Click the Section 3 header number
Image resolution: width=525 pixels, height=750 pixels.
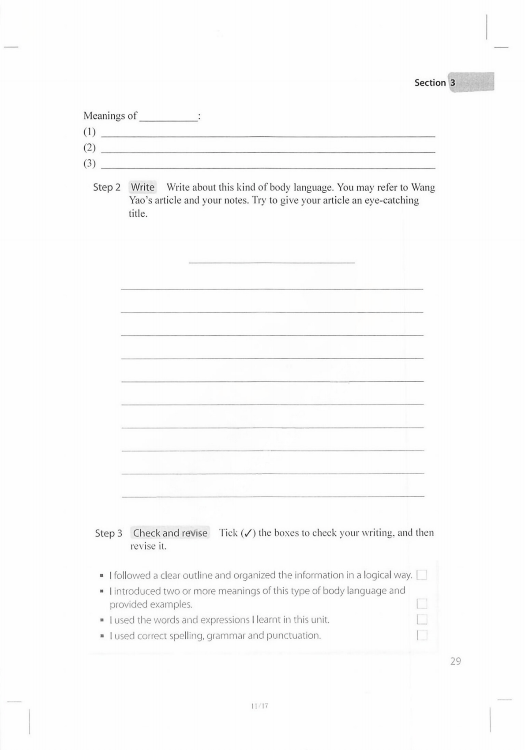point(452,82)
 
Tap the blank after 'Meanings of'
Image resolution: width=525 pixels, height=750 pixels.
point(168,117)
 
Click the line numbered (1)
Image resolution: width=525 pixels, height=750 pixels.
point(268,134)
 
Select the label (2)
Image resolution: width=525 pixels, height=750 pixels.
point(90,147)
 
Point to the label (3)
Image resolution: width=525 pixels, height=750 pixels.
point(90,163)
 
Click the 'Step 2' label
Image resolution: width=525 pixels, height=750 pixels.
point(106,187)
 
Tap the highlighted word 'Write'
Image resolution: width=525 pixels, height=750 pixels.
point(142,187)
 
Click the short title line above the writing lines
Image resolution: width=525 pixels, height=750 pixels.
point(271,260)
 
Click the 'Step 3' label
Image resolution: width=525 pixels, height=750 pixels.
point(109,533)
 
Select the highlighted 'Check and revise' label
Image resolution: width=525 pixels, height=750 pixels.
point(170,533)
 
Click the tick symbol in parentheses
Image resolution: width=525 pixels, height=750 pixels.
point(248,533)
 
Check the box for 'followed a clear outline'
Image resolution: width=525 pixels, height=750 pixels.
point(422,575)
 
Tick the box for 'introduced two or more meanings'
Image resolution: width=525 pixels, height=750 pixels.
point(422,604)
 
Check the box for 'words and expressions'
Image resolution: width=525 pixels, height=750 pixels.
point(422,619)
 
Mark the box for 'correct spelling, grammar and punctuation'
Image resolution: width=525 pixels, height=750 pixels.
point(422,635)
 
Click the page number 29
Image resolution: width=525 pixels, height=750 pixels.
point(455,661)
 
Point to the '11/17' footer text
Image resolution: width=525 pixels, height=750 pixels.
point(259,706)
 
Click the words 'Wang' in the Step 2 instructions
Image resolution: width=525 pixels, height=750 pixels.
point(423,187)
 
